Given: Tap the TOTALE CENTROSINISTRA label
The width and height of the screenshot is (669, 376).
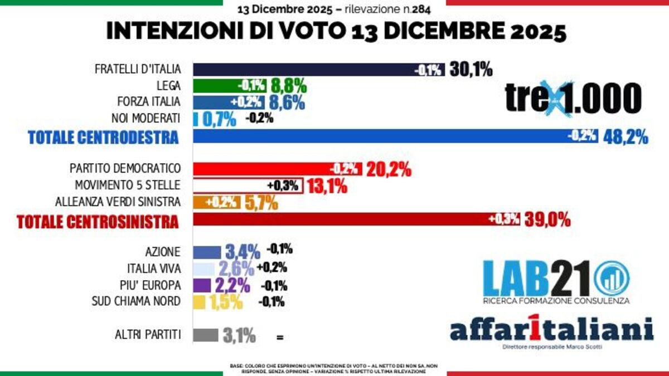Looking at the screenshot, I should (x=98, y=221).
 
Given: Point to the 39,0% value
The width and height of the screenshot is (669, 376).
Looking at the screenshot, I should (x=547, y=219).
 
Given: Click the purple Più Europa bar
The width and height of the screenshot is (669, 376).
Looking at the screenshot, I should (x=202, y=285).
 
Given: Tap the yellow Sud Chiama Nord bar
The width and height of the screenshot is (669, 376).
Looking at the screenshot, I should (x=199, y=302).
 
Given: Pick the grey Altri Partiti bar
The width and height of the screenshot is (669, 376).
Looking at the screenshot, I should (x=206, y=335).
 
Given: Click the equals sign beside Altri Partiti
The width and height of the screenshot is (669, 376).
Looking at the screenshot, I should (x=279, y=338).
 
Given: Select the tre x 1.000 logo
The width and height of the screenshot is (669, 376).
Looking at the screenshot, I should (x=573, y=99).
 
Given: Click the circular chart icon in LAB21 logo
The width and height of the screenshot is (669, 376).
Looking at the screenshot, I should (x=611, y=279).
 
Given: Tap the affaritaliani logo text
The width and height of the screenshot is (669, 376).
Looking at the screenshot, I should (x=551, y=329).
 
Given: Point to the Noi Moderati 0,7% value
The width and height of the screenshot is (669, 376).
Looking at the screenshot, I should (x=219, y=119).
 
